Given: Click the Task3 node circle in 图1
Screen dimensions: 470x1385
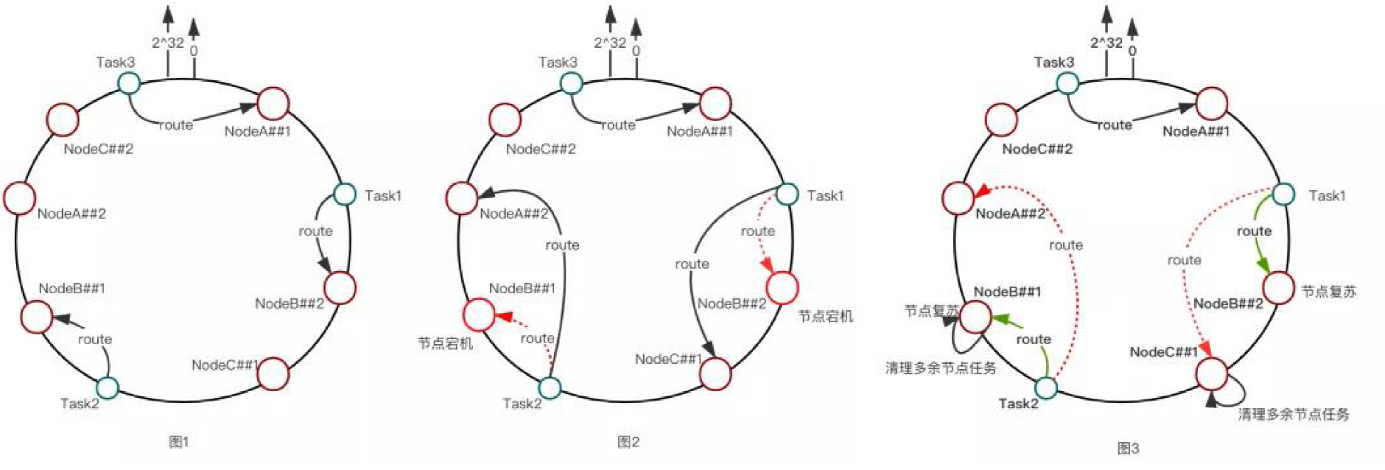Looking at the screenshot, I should [129, 83].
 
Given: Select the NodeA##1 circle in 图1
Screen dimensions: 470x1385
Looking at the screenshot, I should [273, 103].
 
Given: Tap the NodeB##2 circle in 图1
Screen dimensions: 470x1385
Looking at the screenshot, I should [340, 287].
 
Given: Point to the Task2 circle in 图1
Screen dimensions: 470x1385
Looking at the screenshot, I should [108, 387].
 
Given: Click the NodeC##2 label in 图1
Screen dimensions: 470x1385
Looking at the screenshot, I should [98, 149].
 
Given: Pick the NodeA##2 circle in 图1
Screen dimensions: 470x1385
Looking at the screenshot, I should [20, 198].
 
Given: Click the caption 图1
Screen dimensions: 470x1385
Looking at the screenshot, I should [179, 442].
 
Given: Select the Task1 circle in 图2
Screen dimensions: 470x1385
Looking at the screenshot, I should [788, 194].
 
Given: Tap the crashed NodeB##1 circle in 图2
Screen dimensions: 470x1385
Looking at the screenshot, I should [479, 315].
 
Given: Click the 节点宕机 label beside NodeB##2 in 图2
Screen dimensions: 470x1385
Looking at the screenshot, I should [825, 316].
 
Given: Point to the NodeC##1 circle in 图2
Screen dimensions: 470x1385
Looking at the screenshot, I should [715, 373].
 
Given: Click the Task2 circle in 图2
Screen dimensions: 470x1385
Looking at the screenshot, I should [550, 387].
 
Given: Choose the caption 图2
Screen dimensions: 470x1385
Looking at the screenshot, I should [628, 442].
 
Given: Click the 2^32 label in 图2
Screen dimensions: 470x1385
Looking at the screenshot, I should [610, 43].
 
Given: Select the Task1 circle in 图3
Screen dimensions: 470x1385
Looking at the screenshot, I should [1284, 194].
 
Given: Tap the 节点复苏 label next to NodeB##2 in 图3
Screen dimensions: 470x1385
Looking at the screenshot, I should [1328, 292].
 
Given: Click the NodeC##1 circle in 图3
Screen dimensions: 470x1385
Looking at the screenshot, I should [1212, 373].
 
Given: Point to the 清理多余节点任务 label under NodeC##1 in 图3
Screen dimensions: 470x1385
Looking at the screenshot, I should [1294, 415].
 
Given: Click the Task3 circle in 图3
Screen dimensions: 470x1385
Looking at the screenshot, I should [1067, 83].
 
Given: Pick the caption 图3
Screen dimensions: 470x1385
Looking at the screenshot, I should [1128, 448].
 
